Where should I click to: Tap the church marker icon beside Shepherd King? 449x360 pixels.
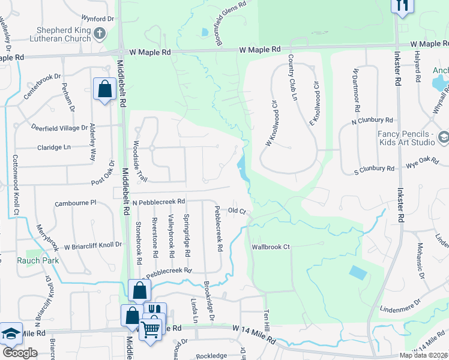pyautogui.click(x=100, y=34)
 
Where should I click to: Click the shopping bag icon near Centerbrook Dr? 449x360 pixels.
pyautogui.click(x=104, y=89)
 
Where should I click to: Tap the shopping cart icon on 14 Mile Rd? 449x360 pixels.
pyautogui.click(x=150, y=328)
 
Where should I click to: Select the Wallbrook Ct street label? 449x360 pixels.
pyautogui.click(x=271, y=247)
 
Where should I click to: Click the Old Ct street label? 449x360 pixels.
pyautogui.click(x=237, y=211)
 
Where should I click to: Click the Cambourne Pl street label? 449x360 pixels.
pyautogui.click(x=77, y=203)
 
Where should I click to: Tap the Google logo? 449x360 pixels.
pyautogui.click(x=19, y=353)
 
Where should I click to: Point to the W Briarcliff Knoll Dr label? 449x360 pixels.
pyautogui.click(x=92, y=245)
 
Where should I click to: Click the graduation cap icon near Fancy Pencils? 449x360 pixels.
pyautogui.click(x=443, y=137)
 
